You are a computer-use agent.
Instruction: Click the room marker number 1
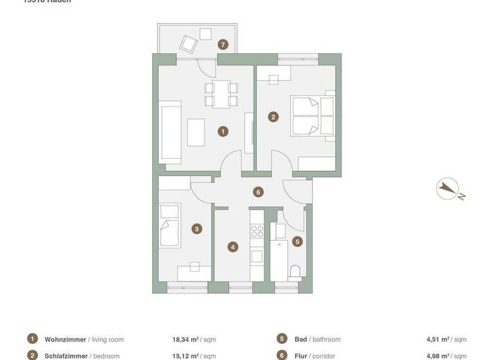tap(223, 131)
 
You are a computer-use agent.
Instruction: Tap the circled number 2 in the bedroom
tap(273, 117)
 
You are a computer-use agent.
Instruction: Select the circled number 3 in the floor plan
tap(197, 228)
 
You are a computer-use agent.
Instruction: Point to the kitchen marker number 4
tap(233, 246)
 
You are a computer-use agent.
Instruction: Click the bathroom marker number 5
tap(297, 242)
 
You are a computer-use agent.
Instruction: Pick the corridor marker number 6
tap(258, 192)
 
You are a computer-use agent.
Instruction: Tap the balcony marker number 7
tap(223, 44)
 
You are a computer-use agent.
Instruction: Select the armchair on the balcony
tap(188, 44)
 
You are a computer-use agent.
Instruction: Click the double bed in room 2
tap(313, 116)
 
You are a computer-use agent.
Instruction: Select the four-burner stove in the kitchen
tap(257, 231)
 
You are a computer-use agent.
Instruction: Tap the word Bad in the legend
tap(300, 339)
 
